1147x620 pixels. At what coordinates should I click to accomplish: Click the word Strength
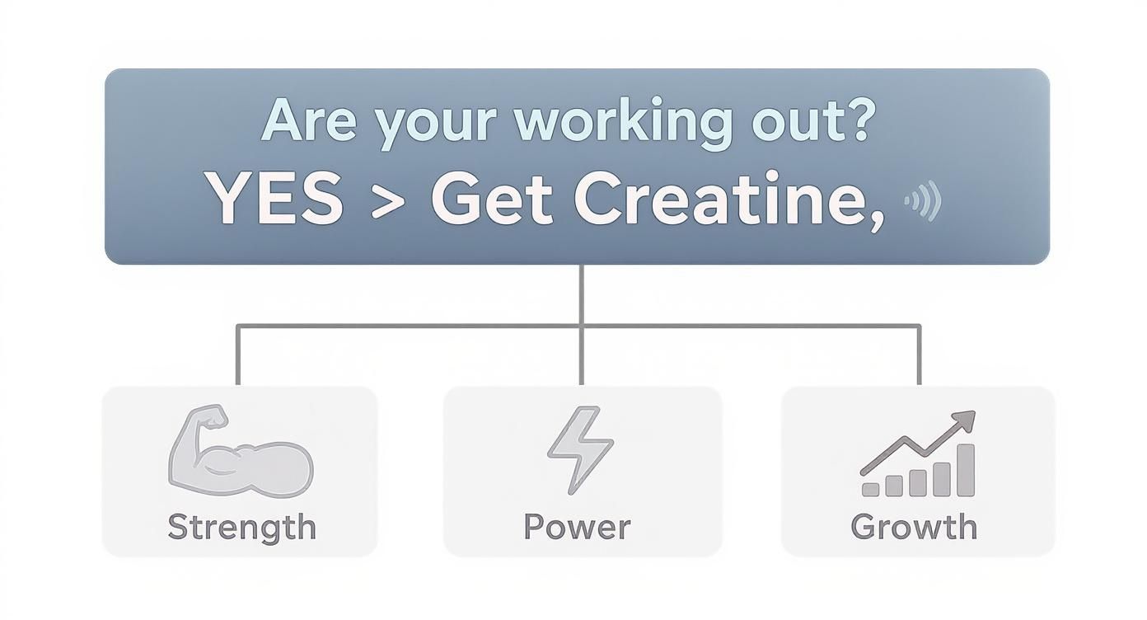coord(241,527)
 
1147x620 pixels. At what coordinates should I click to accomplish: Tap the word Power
coord(577,527)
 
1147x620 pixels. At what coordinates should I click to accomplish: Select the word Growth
coord(914,527)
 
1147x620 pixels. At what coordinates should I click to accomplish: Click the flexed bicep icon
coord(239,457)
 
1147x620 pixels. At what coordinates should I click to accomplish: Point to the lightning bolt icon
coord(579,450)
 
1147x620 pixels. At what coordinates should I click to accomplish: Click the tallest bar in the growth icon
coord(965,470)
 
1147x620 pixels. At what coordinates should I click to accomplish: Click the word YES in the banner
coord(274,200)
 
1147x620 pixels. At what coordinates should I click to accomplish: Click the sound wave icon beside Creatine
coord(923,201)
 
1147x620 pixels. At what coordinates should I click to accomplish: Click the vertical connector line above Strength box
coord(238,355)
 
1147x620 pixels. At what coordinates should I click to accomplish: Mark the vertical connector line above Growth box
coord(919,355)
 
